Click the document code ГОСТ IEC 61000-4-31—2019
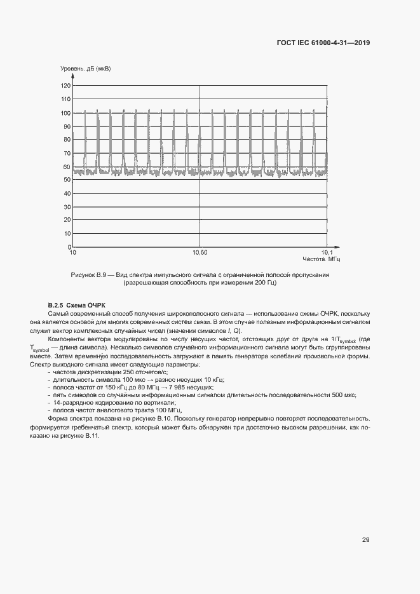tap(323, 43)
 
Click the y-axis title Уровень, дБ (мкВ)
tap(85, 69)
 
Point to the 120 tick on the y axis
tap(65, 86)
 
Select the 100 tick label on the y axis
tap(65, 113)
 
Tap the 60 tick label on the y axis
tap(67, 167)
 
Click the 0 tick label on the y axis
tap(69, 248)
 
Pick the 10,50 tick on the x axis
tap(200, 253)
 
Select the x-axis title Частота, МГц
tap(322, 260)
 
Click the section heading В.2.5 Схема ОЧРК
tap(76, 306)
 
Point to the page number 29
tap(366, 540)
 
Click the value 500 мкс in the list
tap(343, 395)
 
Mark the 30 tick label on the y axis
tap(67, 207)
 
